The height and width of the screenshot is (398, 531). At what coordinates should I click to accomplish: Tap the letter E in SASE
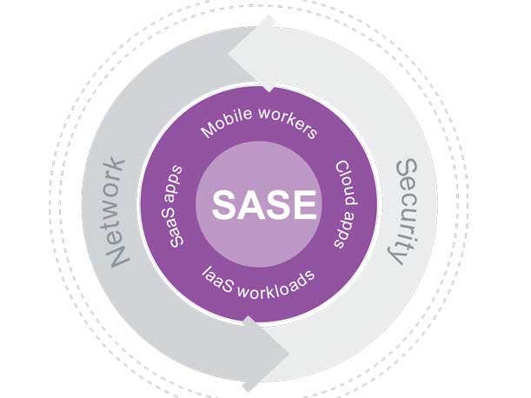click(302, 205)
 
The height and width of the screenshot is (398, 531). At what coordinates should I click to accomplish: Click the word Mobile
click(229, 126)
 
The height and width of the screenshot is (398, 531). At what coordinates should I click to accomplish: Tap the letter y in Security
click(397, 258)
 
